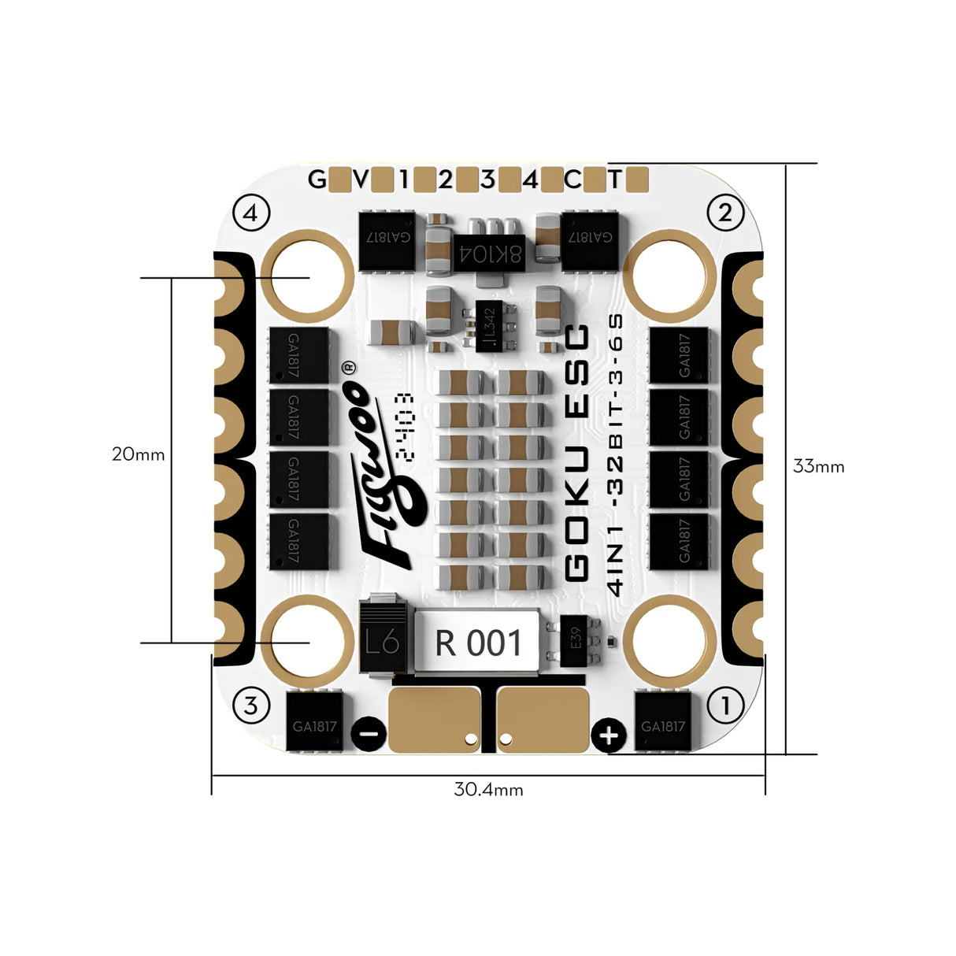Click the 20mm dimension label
click(x=138, y=454)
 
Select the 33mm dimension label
click(x=818, y=466)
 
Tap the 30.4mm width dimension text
click(x=488, y=789)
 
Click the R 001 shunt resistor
click(x=478, y=643)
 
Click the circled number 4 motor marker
click(x=252, y=213)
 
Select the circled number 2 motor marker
click(x=725, y=212)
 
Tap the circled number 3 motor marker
click(x=250, y=705)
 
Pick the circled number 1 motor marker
click(x=725, y=705)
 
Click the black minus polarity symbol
click(x=368, y=735)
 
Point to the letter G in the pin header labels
click(x=317, y=180)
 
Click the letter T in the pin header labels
click(x=614, y=180)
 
